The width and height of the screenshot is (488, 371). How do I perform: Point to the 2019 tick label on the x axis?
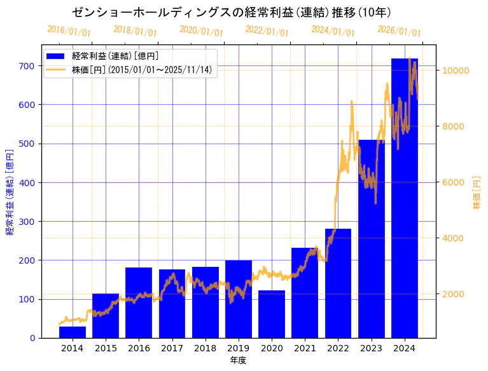239,347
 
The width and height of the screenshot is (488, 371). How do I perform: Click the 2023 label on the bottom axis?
372,347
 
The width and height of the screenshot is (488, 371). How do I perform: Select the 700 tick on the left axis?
26,66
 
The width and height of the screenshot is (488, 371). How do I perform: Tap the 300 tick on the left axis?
26,222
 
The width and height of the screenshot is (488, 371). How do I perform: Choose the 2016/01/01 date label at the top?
69,30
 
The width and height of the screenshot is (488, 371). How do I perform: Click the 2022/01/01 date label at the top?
267,30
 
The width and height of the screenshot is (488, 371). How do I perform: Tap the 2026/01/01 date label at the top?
399,30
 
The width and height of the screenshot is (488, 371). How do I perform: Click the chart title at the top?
232,12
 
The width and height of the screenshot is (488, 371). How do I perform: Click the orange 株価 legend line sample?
56,69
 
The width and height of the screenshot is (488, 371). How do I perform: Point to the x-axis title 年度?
238,360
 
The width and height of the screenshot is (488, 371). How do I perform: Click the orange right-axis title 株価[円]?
477,193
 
